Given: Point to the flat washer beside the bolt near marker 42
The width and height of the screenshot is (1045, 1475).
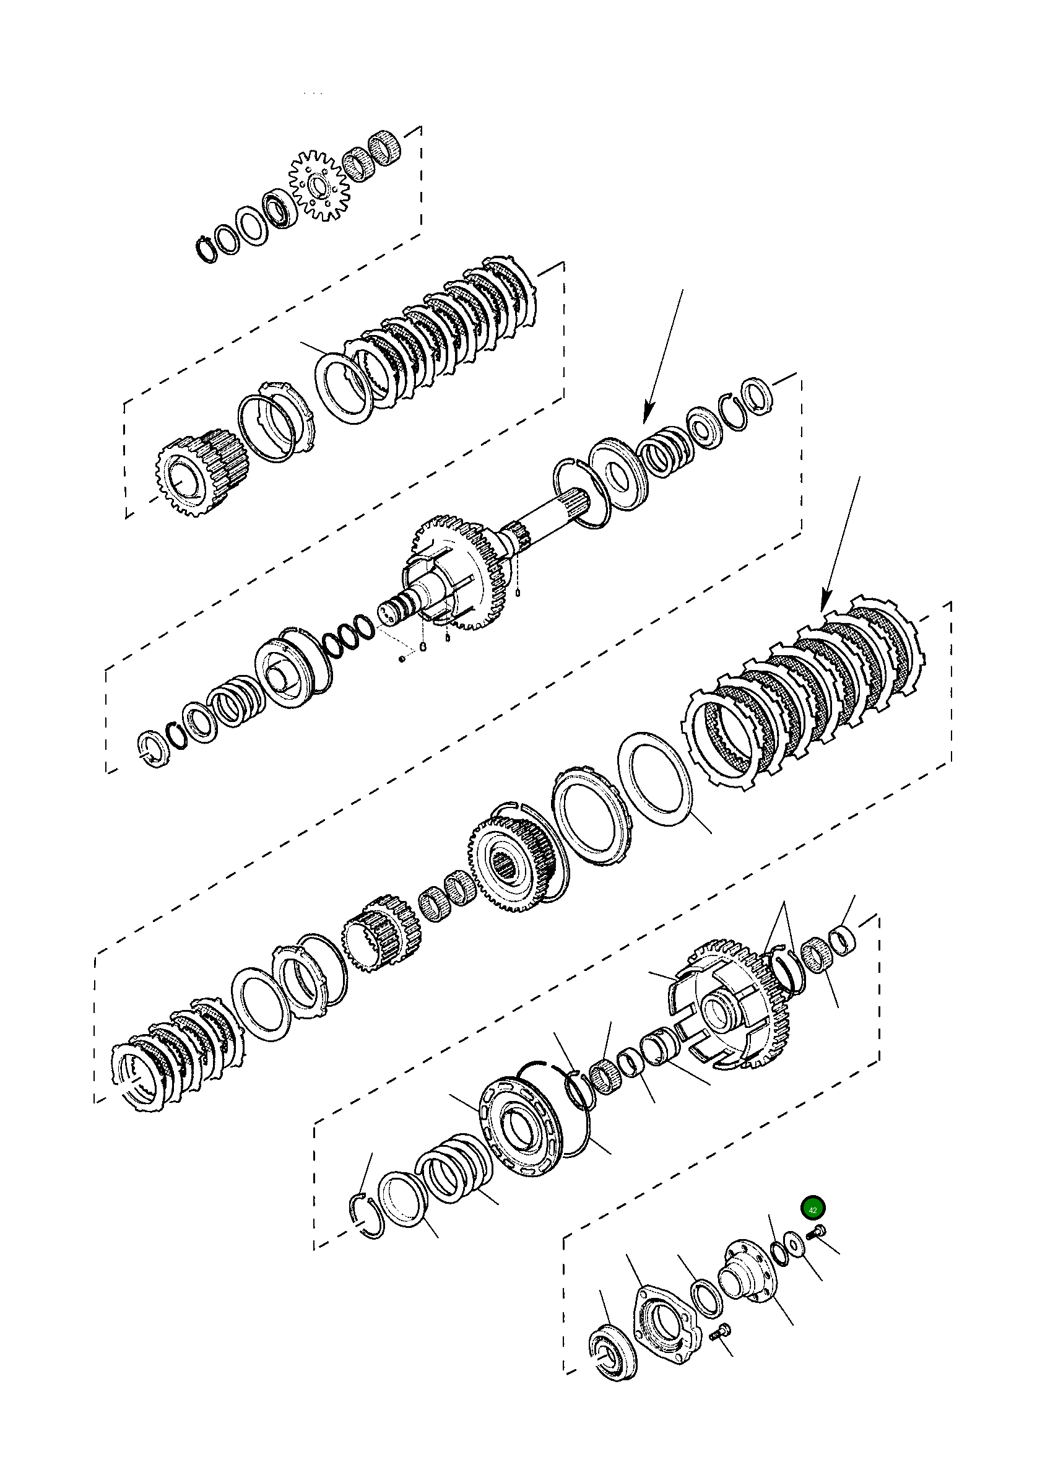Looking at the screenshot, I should tap(795, 1243).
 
